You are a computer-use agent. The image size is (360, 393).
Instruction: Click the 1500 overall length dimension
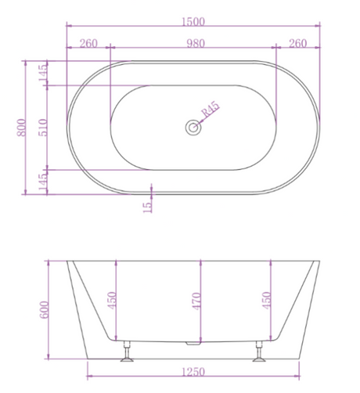(193, 22)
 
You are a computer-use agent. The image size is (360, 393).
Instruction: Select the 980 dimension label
(196, 43)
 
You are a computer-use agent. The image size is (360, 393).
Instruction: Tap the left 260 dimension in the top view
(88, 43)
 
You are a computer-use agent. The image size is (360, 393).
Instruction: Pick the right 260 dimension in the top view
(297, 43)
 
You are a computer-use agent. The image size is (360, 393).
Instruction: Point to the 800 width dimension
(22, 128)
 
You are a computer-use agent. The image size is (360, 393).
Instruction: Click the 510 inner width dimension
(43, 128)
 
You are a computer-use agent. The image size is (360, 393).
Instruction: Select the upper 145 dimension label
(43, 73)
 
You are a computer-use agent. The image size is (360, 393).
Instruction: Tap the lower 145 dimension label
(43, 182)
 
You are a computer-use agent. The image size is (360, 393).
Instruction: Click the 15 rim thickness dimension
(148, 207)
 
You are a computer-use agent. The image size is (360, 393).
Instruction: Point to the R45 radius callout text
(211, 109)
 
